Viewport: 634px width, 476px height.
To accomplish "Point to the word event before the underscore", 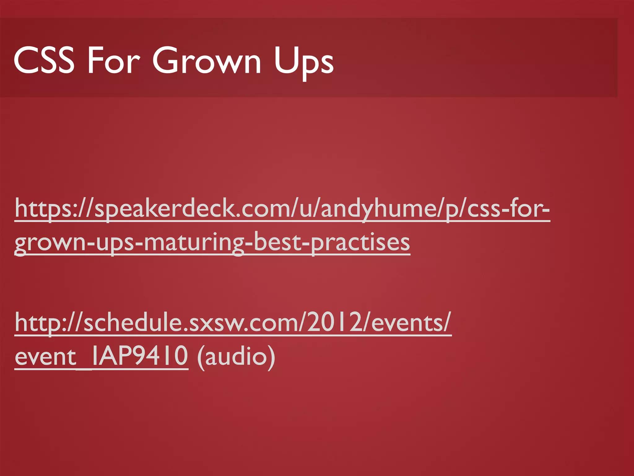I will [45, 356].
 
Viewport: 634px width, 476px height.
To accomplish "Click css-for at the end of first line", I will [508, 208].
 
